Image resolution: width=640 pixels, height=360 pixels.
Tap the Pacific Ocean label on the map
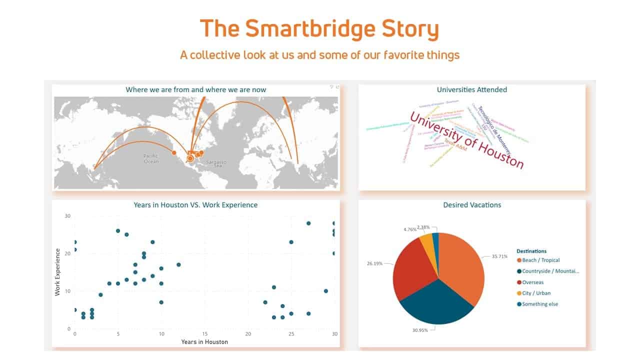tap(151, 158)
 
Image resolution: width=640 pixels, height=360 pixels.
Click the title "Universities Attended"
tap(471, 90)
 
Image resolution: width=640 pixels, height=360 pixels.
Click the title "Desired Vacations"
tap(471, 205)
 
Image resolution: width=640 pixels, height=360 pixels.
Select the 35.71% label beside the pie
tap(499, 256)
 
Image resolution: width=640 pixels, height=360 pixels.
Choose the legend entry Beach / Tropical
tap(540, 260)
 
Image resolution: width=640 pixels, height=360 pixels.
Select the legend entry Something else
tap(539, 304)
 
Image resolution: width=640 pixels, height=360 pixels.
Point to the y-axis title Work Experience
tap(57, 272)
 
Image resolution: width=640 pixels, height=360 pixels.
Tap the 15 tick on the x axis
tap(204, 333)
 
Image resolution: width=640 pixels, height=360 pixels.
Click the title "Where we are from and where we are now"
tap(195, 90)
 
